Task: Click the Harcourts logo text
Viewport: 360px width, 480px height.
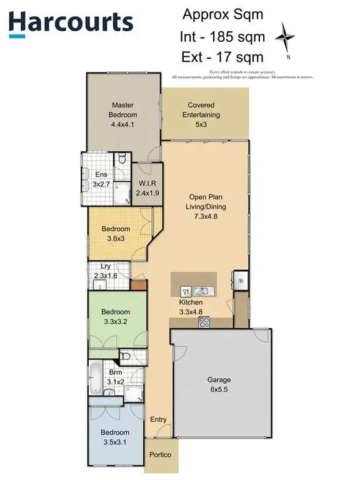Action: pyautogui.click(x=71, y=23)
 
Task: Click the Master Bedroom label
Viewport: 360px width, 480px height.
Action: pyautogui.click(x=123, y=114)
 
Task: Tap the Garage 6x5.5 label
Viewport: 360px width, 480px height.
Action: pyautogui.click(x=219, y=383)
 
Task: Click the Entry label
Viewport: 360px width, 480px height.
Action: pyautogui.click(x=158, y=419)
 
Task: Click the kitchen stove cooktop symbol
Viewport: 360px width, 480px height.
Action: pyautogui.click(x=204, y=322)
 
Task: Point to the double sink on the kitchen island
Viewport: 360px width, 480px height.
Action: pyautogui.click(x=201, y=291)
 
